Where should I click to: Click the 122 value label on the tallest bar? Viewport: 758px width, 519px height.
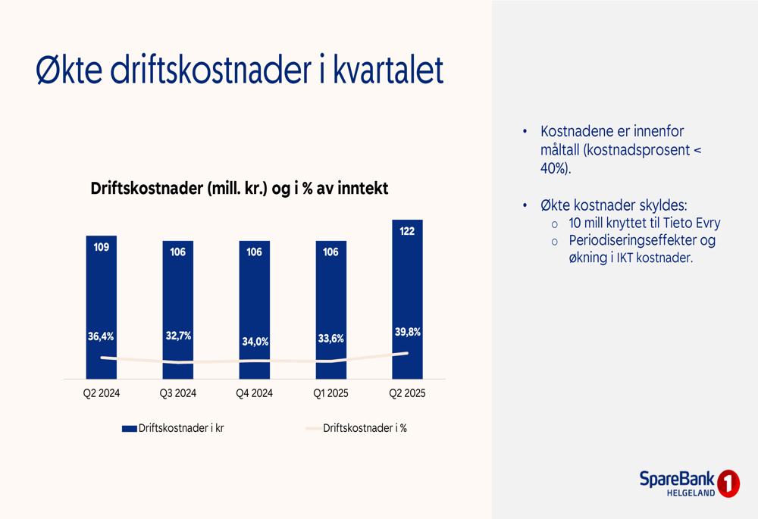(x=407, y=231)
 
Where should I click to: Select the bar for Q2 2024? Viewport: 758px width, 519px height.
(x=102, y=308)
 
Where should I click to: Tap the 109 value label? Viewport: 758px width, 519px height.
(x=102, y=248)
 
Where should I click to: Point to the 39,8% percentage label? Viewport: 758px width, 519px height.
(x=408, y=332)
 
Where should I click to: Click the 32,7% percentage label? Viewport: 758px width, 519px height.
(x=178, y=336)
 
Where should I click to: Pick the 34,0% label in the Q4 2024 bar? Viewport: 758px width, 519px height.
(x=255, y=342)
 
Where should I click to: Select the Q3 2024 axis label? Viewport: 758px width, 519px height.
(x=178, y=393)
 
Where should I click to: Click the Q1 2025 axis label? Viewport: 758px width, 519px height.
(x=330, y=393)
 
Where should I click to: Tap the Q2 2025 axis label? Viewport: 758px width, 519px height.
(x=408, y=393)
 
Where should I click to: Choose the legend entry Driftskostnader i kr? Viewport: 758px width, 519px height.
(x=173, y=428)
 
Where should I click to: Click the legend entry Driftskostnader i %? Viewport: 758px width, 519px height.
(x=356, y=428)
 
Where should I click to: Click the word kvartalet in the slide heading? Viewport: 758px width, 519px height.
(x=388, y=70)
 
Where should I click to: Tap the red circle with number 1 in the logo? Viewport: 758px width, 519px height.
(x=728, y=483)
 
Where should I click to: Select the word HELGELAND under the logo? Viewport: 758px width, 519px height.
(x=691, y=493)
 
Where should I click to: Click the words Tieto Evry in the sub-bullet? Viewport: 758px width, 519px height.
(x=692, y=224)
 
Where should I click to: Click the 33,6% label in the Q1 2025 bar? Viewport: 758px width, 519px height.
(x=331, y=339)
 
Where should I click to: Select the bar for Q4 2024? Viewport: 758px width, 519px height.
(x=254, y=310)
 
